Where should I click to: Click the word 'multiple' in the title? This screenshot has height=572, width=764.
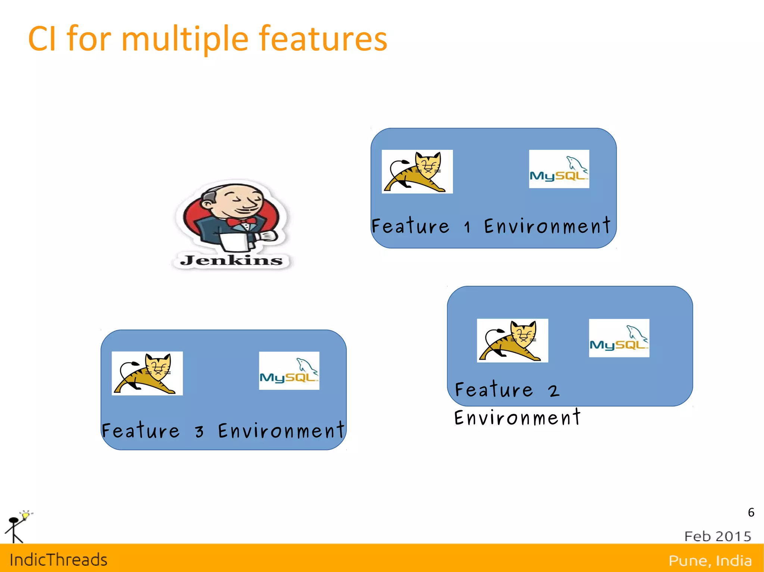click(x=185, y=39)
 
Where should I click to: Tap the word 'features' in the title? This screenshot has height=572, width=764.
click(x=323, y=39)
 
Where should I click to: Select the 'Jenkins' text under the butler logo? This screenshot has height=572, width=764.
click(x=231, y=260)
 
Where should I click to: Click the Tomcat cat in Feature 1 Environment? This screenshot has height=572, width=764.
click(x=417, y=172)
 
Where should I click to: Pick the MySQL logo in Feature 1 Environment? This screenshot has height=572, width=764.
click(x=559, y=169)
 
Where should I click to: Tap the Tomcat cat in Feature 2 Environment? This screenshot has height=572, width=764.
click(x=512, y=341)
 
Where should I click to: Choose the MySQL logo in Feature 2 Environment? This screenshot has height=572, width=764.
click(x=619, y=338)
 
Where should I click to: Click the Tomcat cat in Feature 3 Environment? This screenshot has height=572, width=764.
click(x=147, y=373)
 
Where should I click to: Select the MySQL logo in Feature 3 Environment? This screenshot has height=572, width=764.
click(x=289, y=371)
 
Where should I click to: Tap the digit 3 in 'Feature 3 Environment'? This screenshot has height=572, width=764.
click(x=200, y=432)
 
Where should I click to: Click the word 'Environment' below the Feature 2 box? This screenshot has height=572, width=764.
click(x=517, y=418)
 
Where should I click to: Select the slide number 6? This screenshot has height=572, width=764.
click(x=751, y=512)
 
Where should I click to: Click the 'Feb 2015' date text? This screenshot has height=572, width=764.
click(x=717, y=536)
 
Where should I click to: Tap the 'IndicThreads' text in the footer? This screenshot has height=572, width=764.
click(x=59, y=560)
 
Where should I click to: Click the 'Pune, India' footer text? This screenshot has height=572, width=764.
click(x=710, y=560)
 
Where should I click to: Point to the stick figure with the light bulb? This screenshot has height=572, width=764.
click(x=17, y=527)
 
